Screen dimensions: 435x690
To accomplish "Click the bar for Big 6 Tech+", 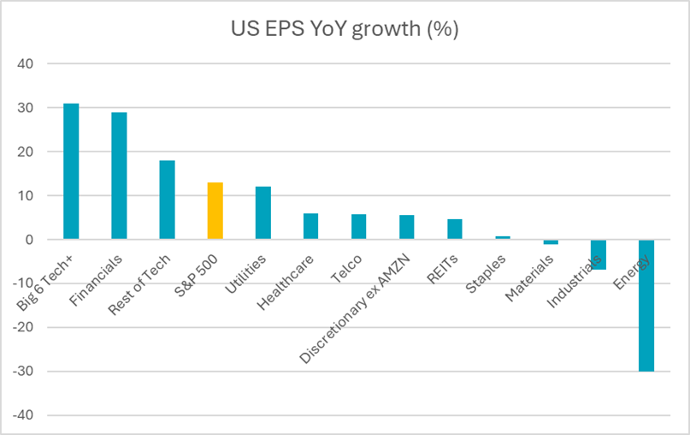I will tap(71, 171).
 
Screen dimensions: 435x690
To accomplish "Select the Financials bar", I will tap(119, 176).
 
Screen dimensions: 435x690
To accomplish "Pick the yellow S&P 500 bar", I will tap(215, 211).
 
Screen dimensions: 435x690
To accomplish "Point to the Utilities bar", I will tap(262, 213).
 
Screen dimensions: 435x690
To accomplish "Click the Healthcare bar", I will tap(310, 226).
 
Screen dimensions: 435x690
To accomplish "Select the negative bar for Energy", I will tap(646, 305).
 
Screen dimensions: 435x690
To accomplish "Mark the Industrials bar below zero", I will tap(599, 254).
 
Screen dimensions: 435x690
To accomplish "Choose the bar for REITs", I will tap(455, 229).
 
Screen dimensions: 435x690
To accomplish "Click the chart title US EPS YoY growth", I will tap(345, 30).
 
